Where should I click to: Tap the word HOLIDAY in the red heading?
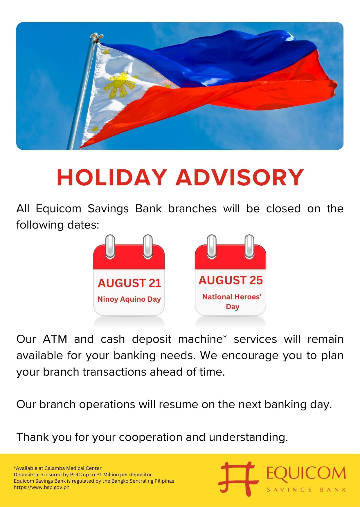[x=112, y=178]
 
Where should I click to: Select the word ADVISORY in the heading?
[x=240, y=178]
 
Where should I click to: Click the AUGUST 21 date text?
[x=129, y=283]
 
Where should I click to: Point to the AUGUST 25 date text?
[x=231, y=280]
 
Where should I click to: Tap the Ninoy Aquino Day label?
[x=129, y=299]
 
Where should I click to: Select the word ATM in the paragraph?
[x=55, y=339]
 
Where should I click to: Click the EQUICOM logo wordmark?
[x=306, y=473]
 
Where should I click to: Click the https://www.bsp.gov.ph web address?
[x=42, y=487]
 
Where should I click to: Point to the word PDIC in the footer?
[x=75, y=475]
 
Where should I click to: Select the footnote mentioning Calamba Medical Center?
[x=57, y=468]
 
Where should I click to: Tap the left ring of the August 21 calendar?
[x=110, y=246]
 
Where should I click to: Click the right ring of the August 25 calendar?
[x=249, y=246]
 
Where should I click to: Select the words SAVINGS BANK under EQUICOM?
[x=306, y=490]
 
